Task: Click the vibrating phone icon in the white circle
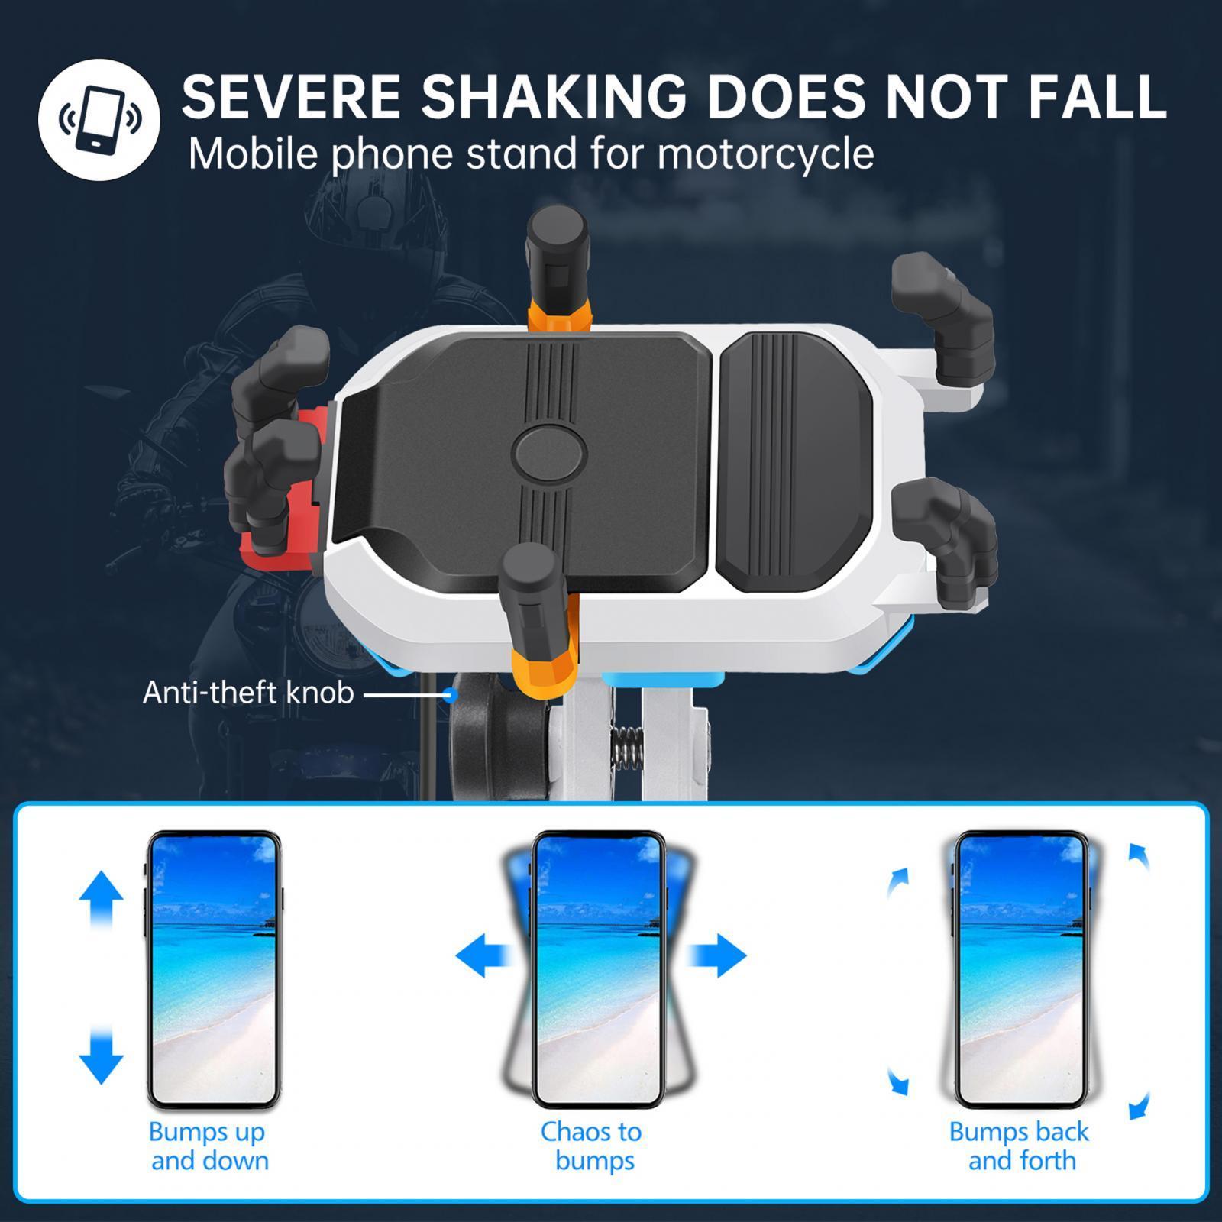(x=99, y=119)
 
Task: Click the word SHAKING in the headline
(x=553, y=96)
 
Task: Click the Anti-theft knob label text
(x=248, y=693)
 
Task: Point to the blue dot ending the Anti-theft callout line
(x=451, y=694)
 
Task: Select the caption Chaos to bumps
(x=593, y=1146)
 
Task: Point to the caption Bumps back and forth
(x=1020, y=1146)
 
